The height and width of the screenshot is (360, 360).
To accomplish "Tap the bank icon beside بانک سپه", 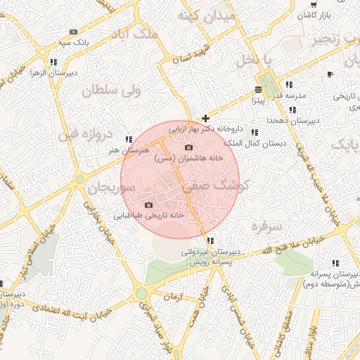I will (74, 32).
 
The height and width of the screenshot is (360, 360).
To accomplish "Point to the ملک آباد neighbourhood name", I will (134, 33).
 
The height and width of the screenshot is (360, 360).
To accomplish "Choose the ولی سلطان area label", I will (112, 91).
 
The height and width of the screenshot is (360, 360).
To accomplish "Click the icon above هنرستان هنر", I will (129, 139).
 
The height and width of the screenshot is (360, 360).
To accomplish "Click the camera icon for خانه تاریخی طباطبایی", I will (148, 205).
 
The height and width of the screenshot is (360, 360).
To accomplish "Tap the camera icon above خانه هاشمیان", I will (188, 147).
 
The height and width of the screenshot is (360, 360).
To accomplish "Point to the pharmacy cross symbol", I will (205, 118).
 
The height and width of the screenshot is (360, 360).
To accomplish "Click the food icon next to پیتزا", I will (258, 90).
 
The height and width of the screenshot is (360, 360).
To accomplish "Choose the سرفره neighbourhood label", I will (266, 226).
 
